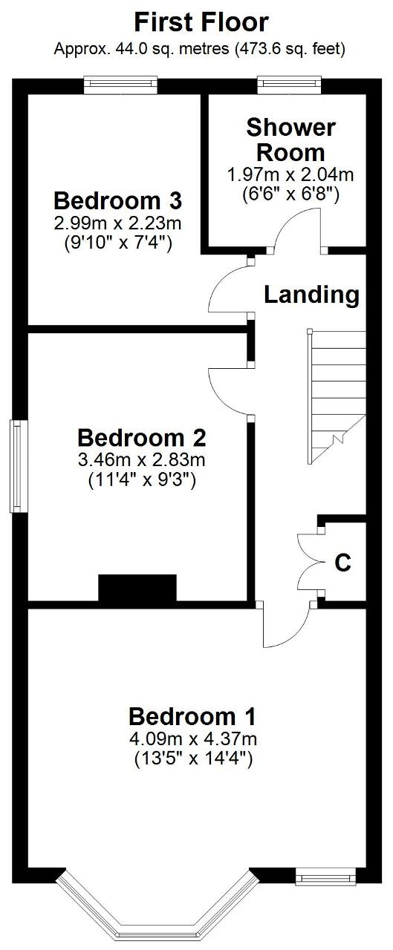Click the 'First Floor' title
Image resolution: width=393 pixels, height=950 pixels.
coord(201,22)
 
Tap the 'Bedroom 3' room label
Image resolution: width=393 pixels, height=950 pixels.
coord(117,200)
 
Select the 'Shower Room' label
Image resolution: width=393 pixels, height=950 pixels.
coord(291,140)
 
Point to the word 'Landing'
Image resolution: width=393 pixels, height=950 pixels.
coord(312,295)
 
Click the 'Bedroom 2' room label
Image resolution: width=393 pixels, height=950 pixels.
coord(142,438)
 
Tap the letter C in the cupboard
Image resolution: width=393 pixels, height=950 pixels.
coord(343,563)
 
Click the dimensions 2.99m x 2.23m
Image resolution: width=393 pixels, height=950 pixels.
coord(117,223)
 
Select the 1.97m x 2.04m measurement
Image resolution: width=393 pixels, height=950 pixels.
coord(291,174)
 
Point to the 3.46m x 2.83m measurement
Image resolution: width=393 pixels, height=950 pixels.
coord(142,459)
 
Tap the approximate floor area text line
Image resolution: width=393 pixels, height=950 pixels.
coord(199,49)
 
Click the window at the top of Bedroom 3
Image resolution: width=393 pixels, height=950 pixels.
coord(120,85)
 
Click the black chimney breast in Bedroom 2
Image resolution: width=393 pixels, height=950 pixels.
coord(137,588)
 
